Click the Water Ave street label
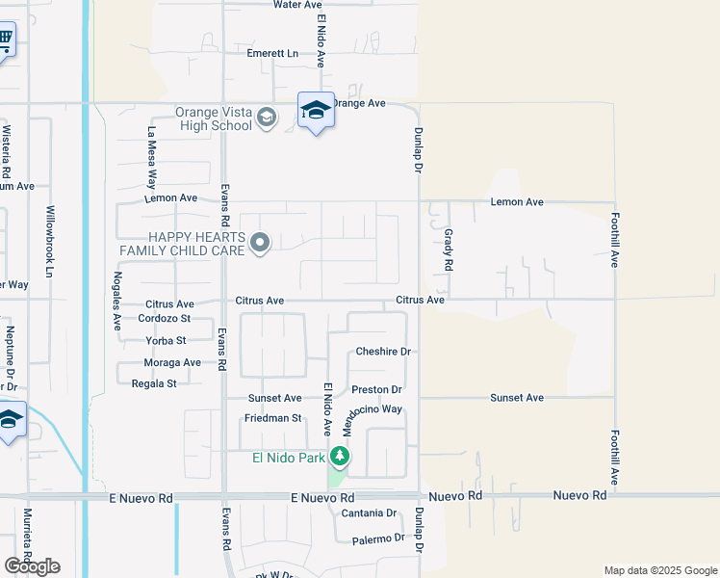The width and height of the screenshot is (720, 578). (297, 5)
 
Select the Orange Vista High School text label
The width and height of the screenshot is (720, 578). (213, 118)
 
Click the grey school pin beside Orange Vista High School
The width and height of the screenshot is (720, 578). (267, 119)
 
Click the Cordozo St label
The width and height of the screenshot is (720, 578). (165, 318)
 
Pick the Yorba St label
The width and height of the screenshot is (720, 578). (166, 340)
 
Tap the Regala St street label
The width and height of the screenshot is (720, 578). (154, 383)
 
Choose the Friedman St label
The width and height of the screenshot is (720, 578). (273, 418)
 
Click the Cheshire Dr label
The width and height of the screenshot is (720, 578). (383, 352)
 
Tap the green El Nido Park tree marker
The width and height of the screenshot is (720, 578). (339, 457)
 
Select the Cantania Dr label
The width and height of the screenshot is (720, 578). (369, 513)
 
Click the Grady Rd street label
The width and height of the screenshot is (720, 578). (448, 249)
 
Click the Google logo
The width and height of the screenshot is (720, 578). (32, 566)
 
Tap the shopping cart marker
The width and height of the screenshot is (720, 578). (5, 40)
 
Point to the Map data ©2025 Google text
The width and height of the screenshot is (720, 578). (659, 570)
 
